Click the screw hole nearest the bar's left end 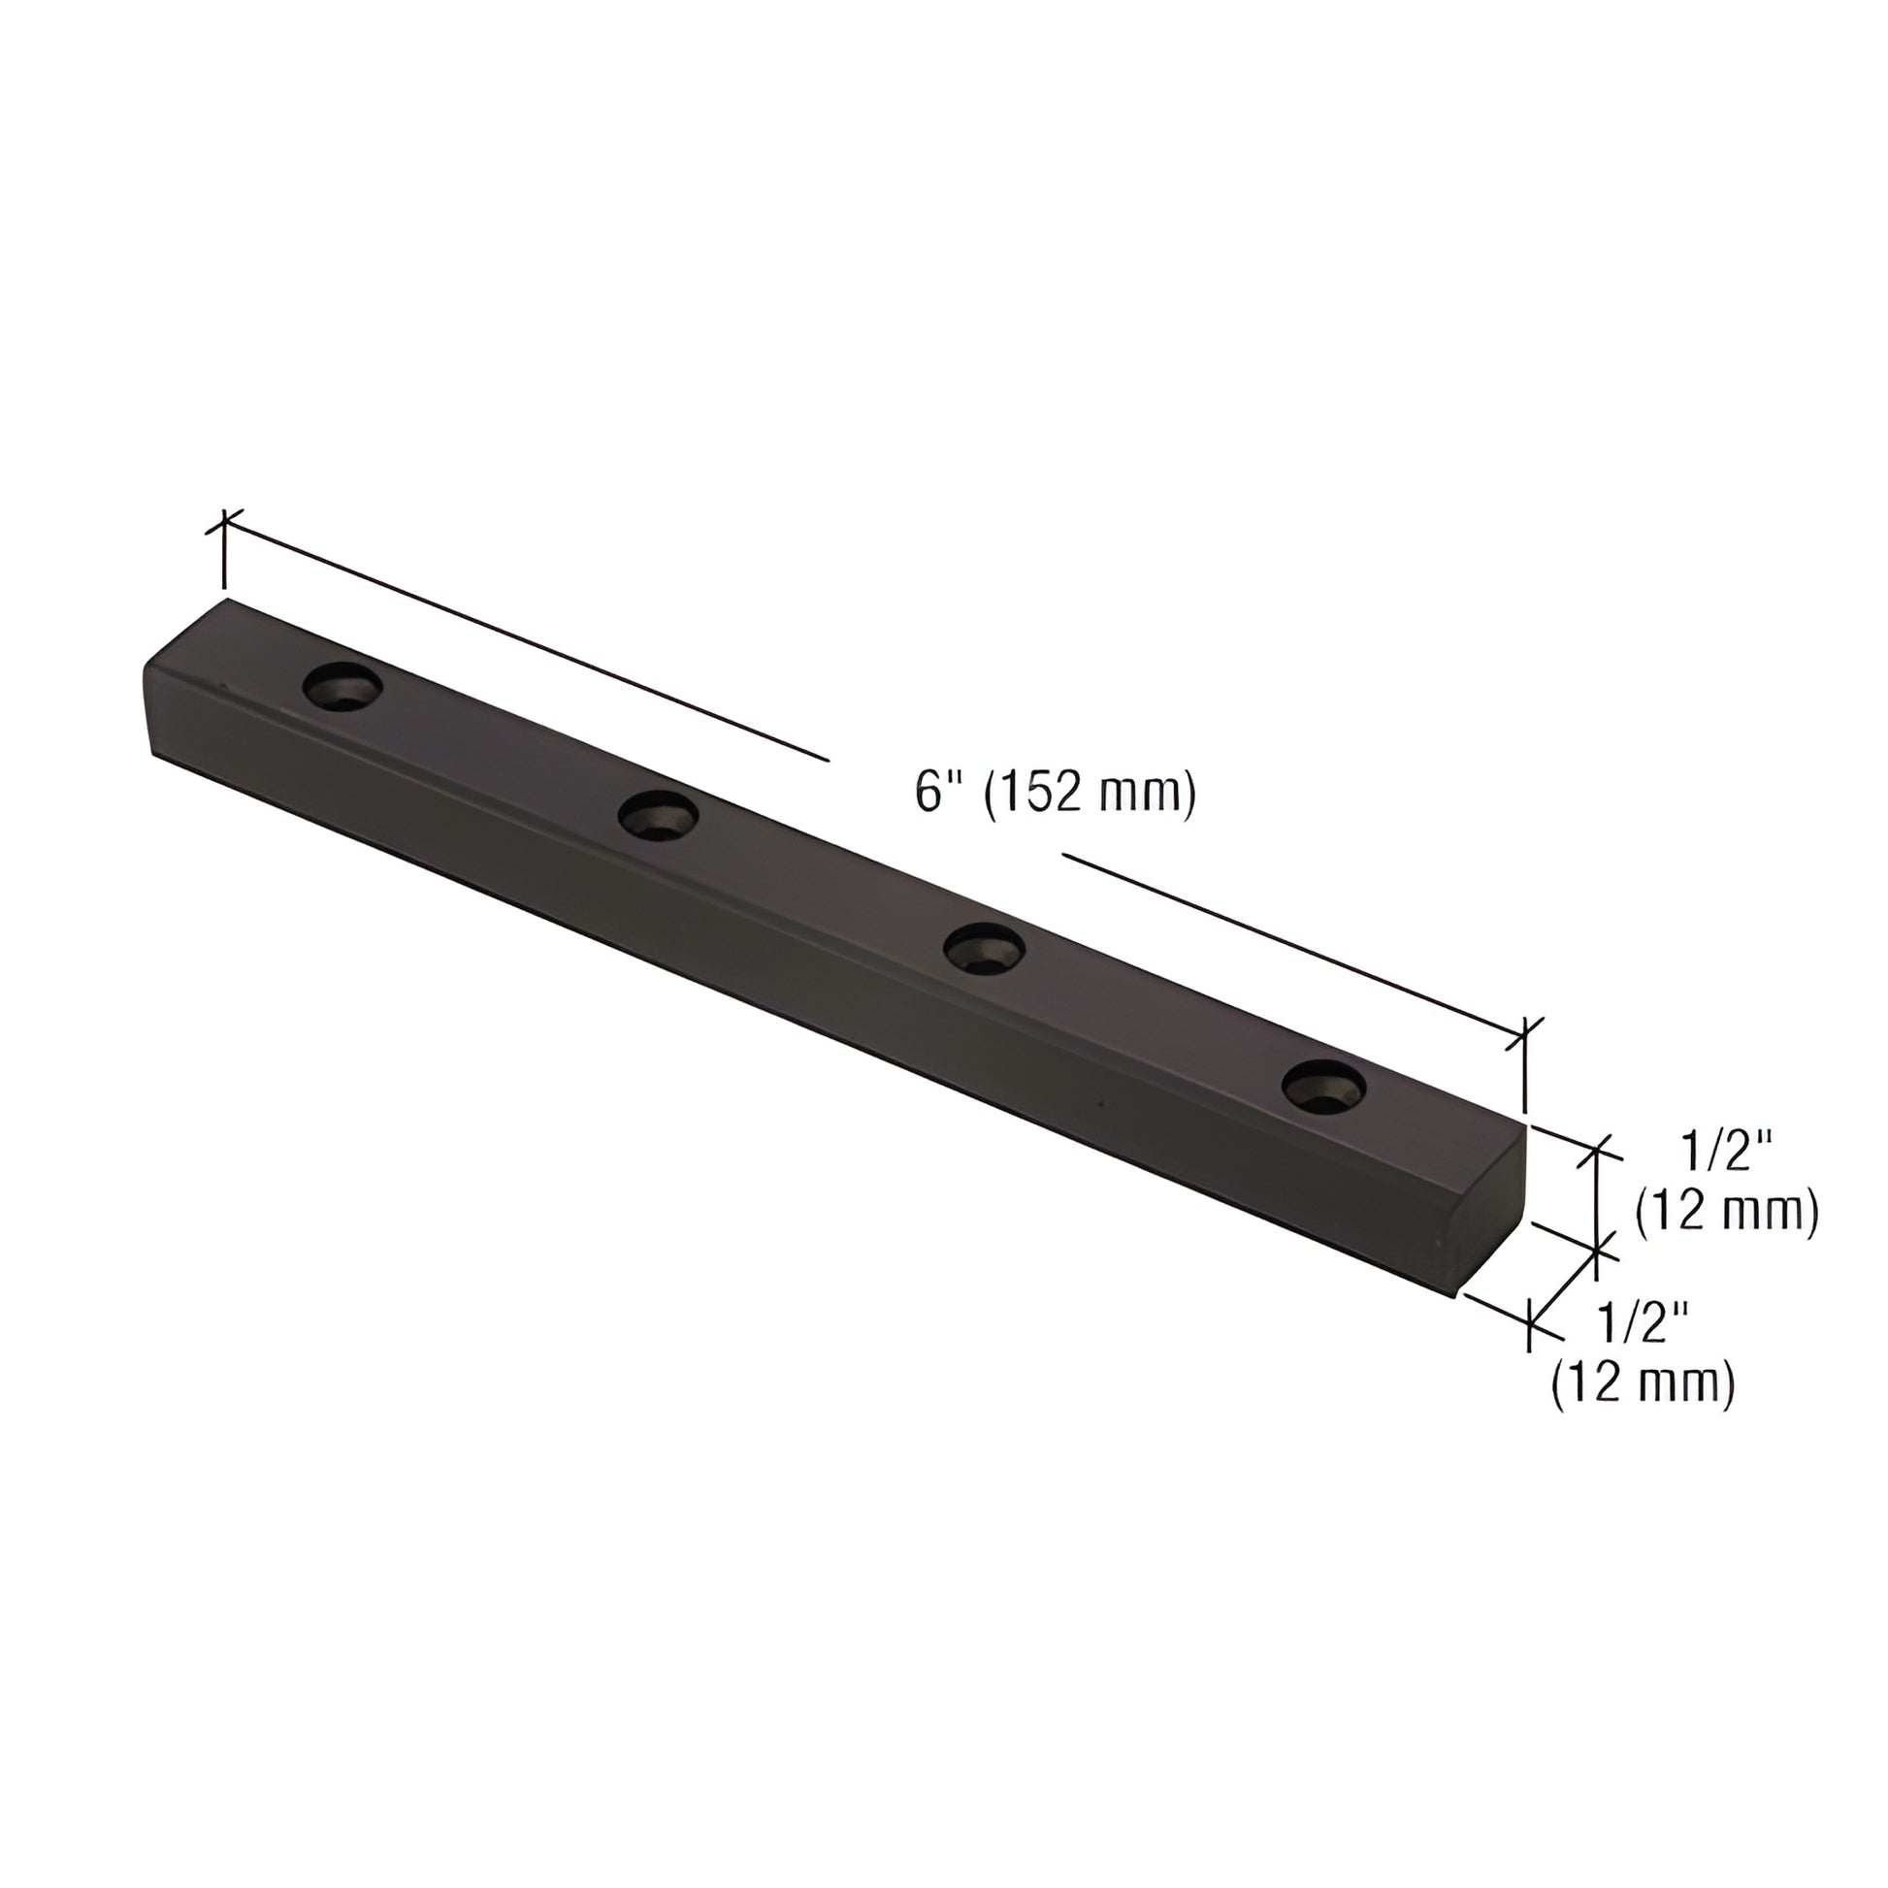[342, 688]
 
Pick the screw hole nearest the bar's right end [1323, 1087]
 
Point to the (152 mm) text [1090, 793]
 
